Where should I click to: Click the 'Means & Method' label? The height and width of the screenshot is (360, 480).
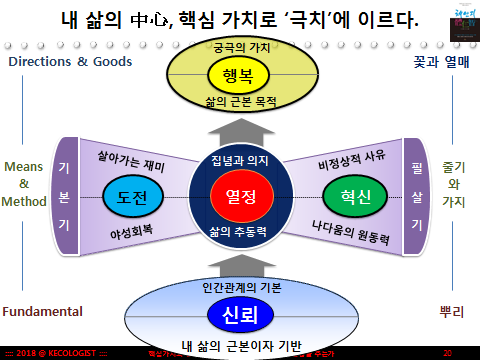[x=24, y=183]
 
